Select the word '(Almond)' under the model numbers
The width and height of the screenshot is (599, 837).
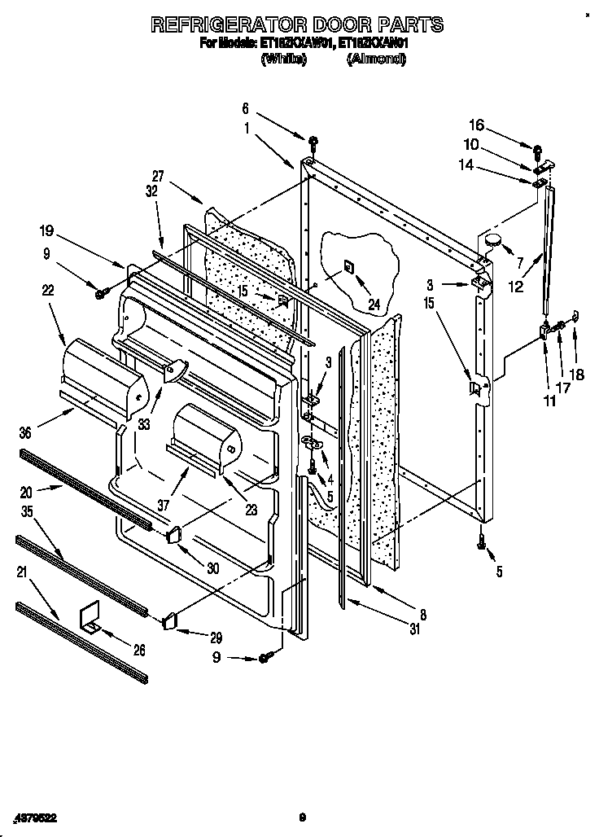(x=375, y=59)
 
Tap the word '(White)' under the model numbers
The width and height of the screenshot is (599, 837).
(x=282, y=59)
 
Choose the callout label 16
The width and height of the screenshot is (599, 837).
(x=476, y=125)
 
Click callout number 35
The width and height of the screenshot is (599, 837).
(x=27, y=512)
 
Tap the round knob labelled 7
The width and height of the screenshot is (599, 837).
(x=492, y=239)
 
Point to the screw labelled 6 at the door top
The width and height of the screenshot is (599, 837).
(x=313, y=146)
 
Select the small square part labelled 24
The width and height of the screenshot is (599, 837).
(x=348, y=266)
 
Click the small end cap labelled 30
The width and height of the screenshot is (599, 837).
(x=173, y=535)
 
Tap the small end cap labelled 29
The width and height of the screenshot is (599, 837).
(x=169, y=621)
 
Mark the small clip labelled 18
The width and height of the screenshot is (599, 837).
(x=575, y=315)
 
